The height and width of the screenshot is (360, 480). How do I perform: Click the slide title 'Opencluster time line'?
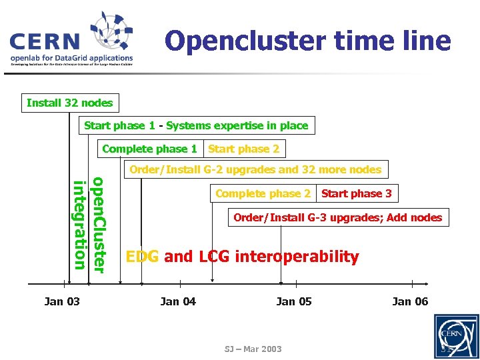pos(307,41)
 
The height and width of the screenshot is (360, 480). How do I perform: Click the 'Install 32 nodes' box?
pos(70,103)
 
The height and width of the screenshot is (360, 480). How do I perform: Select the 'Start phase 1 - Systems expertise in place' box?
pos(196,125)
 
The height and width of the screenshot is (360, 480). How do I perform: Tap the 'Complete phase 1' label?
pos(150,149)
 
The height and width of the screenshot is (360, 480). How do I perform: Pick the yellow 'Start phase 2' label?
pos(243,149)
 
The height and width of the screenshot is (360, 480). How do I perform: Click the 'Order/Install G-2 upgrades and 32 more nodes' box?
pos(255,169)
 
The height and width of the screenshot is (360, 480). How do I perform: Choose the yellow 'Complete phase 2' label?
pos(263,193)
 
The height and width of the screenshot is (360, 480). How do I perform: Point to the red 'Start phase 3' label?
pos(357,193)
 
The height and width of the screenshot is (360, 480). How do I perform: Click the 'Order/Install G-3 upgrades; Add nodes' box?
pos(337,217)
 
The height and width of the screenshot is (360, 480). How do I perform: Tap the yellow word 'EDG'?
pos(143,256)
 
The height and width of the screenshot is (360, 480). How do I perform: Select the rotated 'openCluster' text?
pos(98,224)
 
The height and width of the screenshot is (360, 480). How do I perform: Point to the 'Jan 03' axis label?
pos(62,301)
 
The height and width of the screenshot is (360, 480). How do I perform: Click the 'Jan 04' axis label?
pos(178,301)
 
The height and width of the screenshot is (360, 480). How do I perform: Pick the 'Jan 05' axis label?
pos(294,301)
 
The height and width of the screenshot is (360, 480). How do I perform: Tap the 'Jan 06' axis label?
pos(410,301)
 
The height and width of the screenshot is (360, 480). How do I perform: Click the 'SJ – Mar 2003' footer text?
pos(253,349)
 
